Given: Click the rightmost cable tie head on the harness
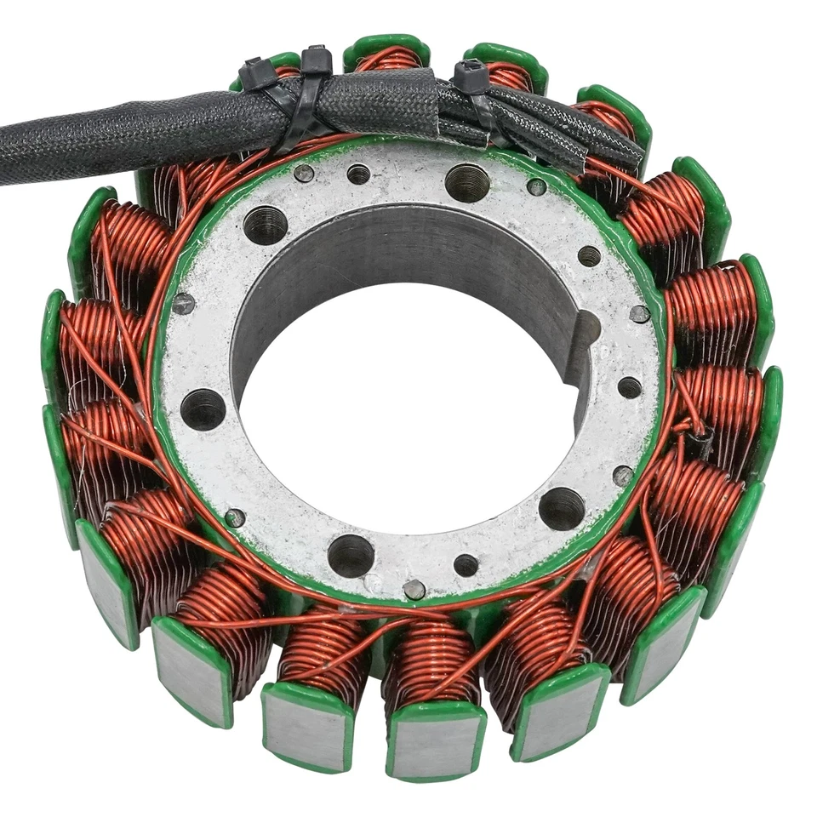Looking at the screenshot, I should (470, 78).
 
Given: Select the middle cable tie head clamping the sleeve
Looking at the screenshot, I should (316, 60).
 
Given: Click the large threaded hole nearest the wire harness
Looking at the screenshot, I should (467, 182).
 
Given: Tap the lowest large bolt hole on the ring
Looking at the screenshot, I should (351, 556).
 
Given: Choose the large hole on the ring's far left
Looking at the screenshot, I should (203, 409).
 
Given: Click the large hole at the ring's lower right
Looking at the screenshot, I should (562, 508).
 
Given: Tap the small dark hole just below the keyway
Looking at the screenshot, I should (629, 388).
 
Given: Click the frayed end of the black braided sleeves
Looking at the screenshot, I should (626, 153).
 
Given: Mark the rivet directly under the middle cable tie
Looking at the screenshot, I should (303, 174).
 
